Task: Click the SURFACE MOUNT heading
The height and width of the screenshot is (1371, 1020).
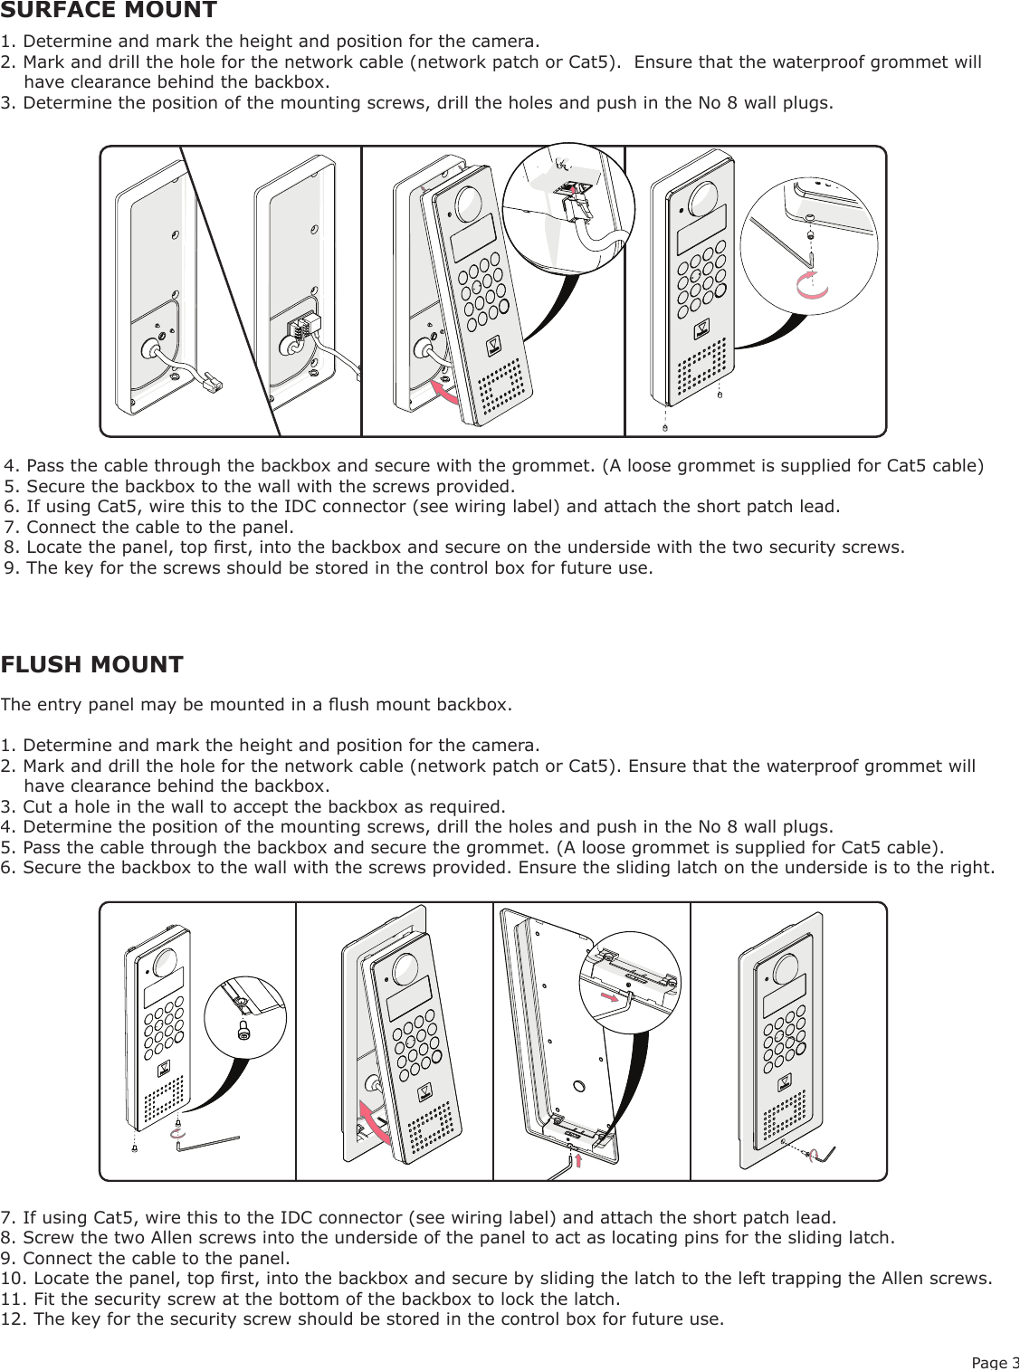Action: [x=109, y=11]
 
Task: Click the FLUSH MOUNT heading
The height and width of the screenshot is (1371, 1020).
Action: [x=91, y=665]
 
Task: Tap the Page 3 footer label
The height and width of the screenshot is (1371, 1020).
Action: [x=995, y=1362]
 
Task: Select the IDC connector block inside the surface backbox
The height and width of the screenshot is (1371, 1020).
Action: [x=303, y=325]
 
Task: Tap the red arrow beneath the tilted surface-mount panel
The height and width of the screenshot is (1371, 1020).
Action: [x=443, y=391]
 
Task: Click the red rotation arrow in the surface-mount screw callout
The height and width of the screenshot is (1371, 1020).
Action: [x=812, y=286]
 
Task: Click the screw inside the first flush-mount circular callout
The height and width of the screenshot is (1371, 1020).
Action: [x=243, y=1029]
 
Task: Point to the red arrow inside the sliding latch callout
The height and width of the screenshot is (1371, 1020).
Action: [x=615, y=996]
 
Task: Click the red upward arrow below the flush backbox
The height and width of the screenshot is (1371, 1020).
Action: [x=578, y=1160]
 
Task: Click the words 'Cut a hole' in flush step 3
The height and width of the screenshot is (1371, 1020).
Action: [x=65, y=807]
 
